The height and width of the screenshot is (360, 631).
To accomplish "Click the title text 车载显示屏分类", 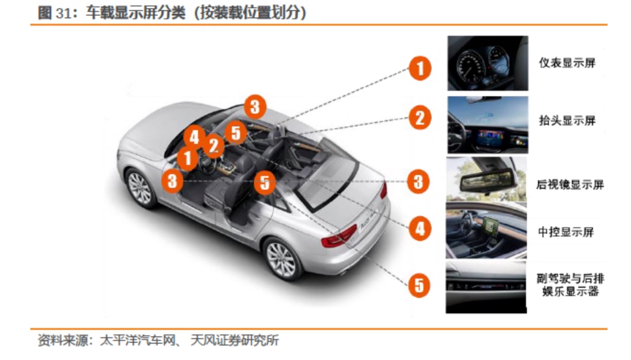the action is [x=135, y=13].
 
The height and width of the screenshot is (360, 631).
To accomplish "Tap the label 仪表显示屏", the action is [x=567, y=63].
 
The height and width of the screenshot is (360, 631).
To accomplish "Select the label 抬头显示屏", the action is [x=567, y=120].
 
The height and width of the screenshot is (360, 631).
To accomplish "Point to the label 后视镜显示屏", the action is [x=570, y=185].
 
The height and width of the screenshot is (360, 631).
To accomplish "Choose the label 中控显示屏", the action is [x=566, y=232].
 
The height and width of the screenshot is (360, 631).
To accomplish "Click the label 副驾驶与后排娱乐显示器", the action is [x=570, y=285].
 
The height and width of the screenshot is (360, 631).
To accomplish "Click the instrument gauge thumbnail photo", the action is [x=487, y=63].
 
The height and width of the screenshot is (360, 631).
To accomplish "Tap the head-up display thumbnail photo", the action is [x=487, y=125].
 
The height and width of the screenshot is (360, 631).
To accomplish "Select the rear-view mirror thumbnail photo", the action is [x=486, y=179].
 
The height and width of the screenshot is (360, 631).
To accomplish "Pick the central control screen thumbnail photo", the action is [x=486, y=230].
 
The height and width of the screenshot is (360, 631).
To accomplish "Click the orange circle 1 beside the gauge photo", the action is [x=419, y=68].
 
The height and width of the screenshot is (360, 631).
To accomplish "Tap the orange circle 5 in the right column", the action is [x=419, y=285].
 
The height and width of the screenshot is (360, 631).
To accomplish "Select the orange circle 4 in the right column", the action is [x=419, y=229].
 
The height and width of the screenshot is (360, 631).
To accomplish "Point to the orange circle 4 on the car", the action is [x=195, y=137].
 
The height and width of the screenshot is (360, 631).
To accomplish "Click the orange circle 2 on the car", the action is [x=214, y=146].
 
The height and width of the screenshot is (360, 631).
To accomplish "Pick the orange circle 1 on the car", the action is [x=188, y=158].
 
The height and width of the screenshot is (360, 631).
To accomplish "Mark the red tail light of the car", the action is [x=339, y=236].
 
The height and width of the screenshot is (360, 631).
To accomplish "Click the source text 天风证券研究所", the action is [x=235, y=340].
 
